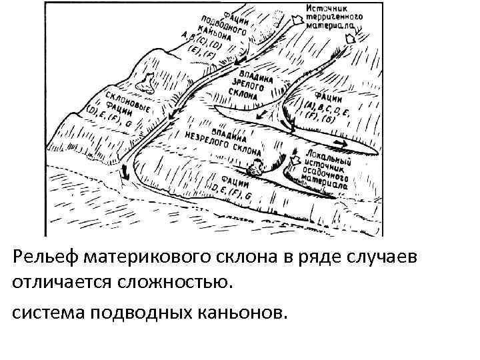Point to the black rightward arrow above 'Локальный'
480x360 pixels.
[339, 143]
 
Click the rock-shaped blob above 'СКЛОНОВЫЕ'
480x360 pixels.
[143, 83]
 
